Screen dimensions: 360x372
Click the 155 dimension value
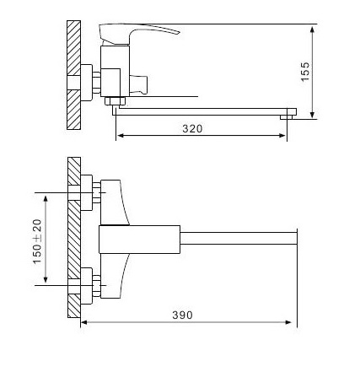tap(305, 72)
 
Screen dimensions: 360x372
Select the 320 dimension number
tap(192, 129)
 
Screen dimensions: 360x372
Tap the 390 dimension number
tap(183, 315)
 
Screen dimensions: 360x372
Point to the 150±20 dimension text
tap(37, 241)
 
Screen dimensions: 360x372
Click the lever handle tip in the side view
tap(178, 32)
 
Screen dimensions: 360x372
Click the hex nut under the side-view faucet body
tap(115, 100)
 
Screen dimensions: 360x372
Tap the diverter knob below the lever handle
tap(138, 84)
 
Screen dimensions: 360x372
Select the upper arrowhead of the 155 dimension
tap(312, 30)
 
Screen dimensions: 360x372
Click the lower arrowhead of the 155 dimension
tap(312, 114)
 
